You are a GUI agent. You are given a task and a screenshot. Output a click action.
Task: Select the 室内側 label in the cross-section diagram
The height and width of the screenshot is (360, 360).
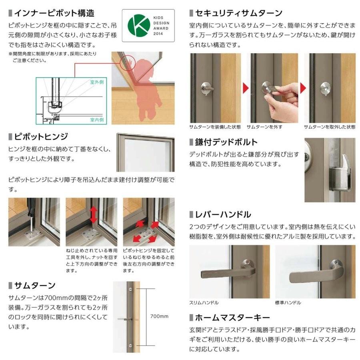click(x=96, y=119)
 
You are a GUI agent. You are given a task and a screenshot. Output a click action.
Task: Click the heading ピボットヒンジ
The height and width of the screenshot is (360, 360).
click(x=40, y=137)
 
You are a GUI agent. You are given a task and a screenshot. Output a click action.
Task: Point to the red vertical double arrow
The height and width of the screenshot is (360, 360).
click(x=94, y=215)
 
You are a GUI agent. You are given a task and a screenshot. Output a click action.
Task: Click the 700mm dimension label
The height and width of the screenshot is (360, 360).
click(x=159, y=316)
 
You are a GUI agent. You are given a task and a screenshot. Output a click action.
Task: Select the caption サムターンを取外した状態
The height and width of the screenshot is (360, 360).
click(x=329, y=127)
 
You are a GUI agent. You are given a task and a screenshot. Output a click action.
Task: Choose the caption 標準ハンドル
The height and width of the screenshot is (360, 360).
click(x=288, y=303)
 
